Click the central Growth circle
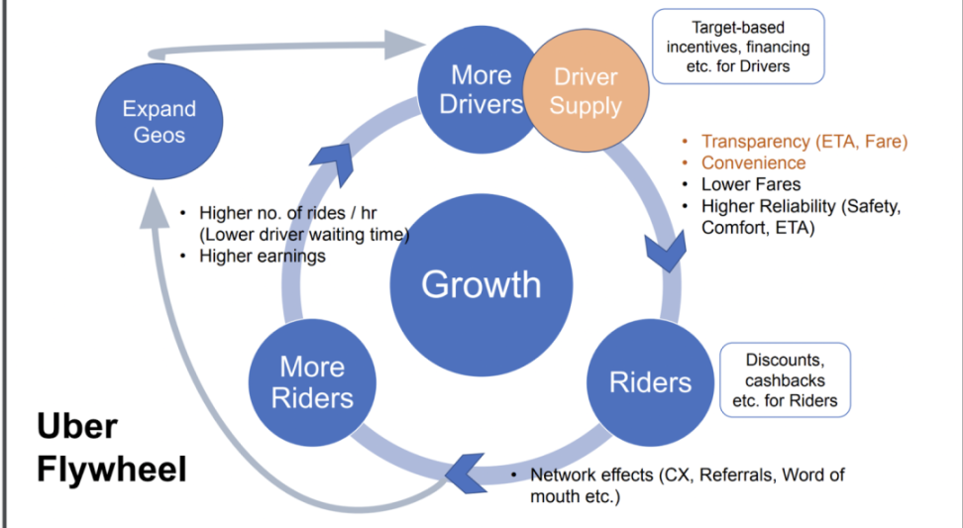pos(481,284)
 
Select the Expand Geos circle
pos(159,121)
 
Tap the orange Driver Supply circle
pos(586,91)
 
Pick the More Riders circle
pos(312,381)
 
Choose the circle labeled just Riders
pos(650,381)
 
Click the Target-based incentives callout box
pos(737,47)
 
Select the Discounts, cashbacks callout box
pos(785,379)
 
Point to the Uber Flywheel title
pos(111,448)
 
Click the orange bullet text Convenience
pos(753,162)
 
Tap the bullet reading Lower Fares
pos(750,184)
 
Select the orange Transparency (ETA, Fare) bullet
pos(803,142)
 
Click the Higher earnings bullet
pos(262,257)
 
